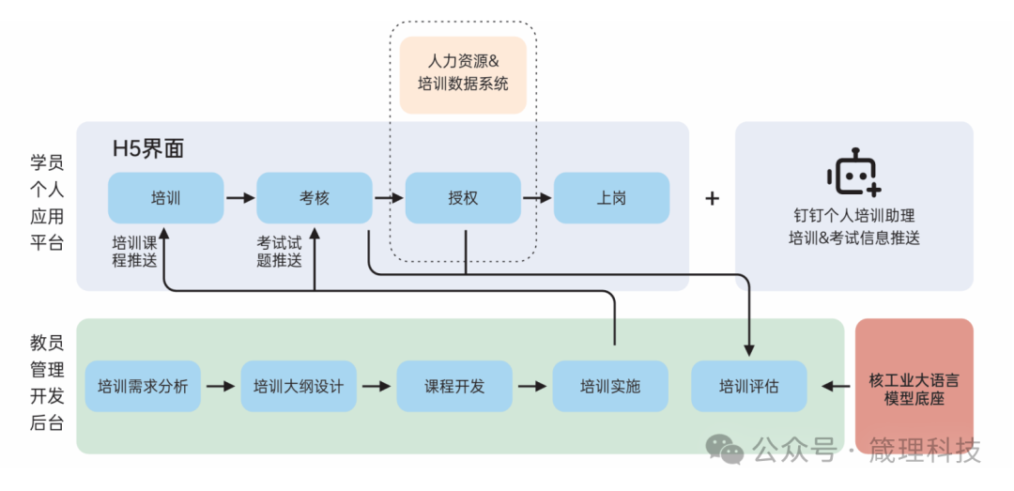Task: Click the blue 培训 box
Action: pos(165,198)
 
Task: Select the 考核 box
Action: pos(315,198)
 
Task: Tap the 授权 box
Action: pos(463,198)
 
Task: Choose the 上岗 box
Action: pos(611,198)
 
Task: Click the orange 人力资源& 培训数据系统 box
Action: pos(463,75)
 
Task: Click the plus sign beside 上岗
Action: pos(712,198)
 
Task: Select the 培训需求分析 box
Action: pos(143,386)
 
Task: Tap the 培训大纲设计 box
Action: pos(299,386)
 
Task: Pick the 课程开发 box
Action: pos(454,386)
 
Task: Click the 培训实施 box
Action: pos(610,386)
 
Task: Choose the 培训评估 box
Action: pos(749,386)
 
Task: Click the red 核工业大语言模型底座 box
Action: pos(914,387)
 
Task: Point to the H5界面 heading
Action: pos(148,148)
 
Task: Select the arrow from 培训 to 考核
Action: pos(240,198)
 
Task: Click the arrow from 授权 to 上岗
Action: pos(537,198)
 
